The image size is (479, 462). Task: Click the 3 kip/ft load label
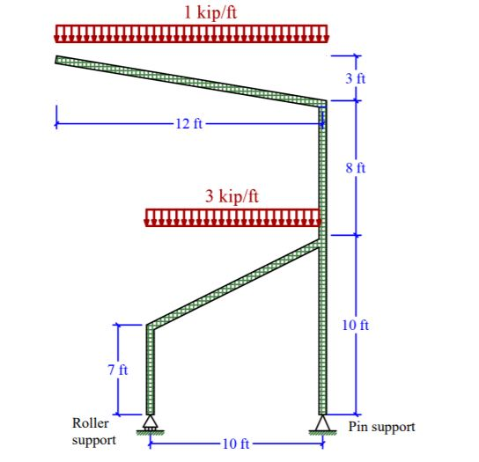tap(232, 196)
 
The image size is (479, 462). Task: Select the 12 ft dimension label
tap(188, 123)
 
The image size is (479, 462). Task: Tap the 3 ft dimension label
tap(356, 78)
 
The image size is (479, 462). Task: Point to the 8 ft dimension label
tap(356, 167)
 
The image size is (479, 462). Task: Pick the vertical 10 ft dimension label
tap(356, 326)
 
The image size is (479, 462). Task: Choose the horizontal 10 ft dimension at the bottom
tap(235, 443)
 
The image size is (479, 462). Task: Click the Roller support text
tap(91, 431)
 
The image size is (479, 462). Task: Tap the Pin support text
tap(381, 427)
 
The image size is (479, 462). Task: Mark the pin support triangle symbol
tap(322, 425)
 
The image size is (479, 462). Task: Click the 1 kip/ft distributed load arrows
tap(191, 34)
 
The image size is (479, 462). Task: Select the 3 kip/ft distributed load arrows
tap(232, 217)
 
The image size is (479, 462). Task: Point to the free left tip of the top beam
tap(58, 60)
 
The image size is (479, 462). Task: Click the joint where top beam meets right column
tap(322, 103)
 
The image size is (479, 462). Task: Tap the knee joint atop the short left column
tap(151, 326)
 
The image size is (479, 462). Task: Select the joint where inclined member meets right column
tap(322, 239)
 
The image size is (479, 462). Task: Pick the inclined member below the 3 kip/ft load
tap(233, 284)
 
